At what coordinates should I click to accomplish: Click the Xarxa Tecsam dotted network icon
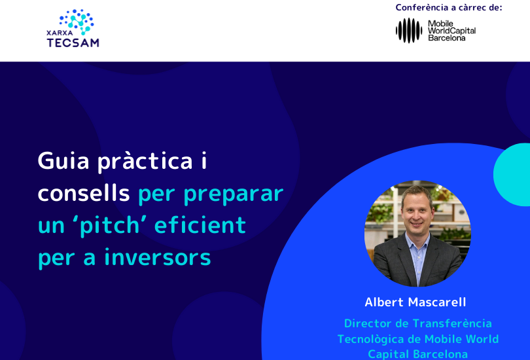coord(77,22)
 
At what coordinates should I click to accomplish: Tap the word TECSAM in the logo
coord(73,43)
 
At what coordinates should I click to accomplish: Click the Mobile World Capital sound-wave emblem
coord(409,30)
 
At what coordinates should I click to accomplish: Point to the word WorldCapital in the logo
coord(452,31)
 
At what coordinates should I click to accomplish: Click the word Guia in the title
coord(63,161)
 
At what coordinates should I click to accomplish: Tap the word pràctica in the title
coord(145,161)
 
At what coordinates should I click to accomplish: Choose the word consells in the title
coord(84,193)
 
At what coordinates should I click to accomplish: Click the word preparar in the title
coord(234,194)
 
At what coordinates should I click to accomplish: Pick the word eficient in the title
coord(200,225)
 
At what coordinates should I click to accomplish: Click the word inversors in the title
coord(158,258)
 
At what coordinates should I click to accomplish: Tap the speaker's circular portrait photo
coord(417,233)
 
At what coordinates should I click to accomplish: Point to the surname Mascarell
coord(437,302)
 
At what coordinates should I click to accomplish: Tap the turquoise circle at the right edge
coord(512,174)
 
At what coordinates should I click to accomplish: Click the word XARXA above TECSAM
coord(60,33)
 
